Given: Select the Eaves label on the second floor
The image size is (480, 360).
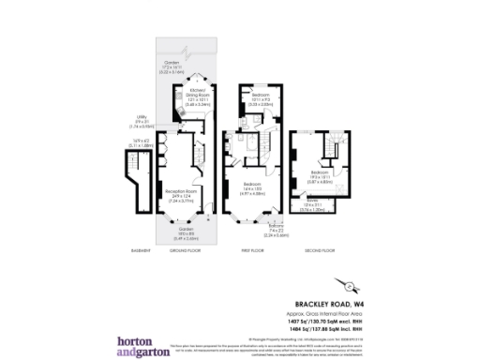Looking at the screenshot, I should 310,201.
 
